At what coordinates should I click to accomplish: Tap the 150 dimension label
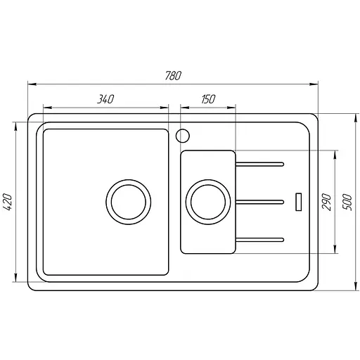coord(207,100)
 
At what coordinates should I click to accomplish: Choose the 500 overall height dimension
coord(346,202)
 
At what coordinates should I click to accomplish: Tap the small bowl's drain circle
coord(207,202)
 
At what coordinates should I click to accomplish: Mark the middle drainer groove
coord(260,202)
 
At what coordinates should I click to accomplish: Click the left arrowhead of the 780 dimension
coord(31,84)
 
